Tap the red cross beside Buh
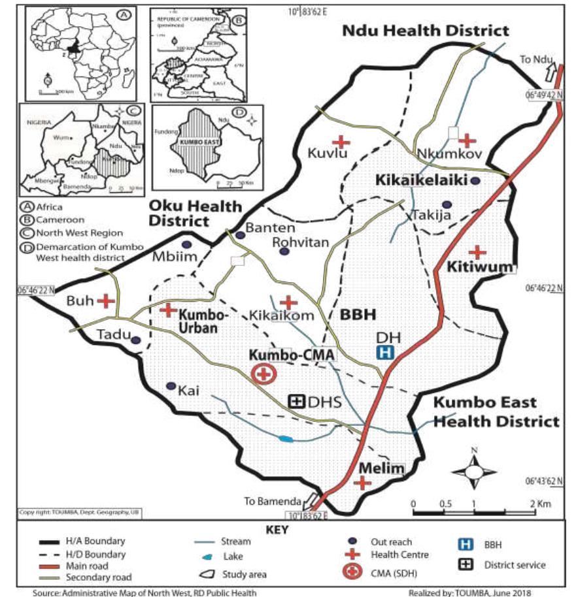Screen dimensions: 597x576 (106, 301)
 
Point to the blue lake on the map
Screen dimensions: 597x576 (286, 438)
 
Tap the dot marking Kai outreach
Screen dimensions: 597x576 (171, 387)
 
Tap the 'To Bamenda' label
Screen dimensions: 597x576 (273, 502)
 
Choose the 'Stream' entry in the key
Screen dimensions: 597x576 (235, 541)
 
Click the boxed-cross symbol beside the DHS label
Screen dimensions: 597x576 (297, 402)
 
